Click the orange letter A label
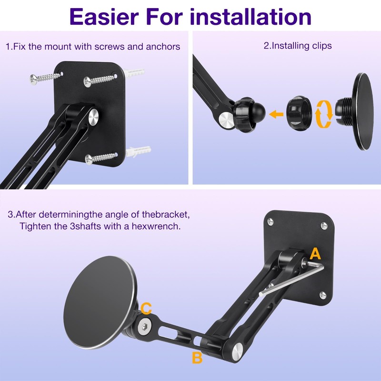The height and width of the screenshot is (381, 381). [x=316, y=253]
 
